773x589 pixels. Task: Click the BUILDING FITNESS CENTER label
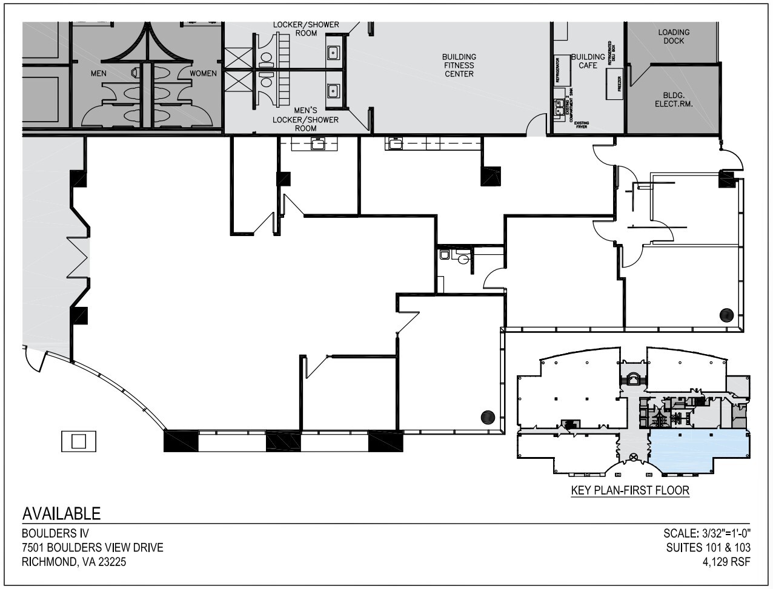pos(459,65)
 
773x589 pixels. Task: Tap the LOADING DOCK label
pos(673,36)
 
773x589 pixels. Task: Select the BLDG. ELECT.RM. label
pos(673,99)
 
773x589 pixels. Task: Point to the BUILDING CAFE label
pos(588,61)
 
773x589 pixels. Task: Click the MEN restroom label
pos(99,73)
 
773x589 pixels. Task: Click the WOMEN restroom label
pos(203,73)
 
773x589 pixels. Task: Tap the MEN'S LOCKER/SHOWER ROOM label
pos(305,119)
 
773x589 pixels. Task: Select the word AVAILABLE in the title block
pos(61,514)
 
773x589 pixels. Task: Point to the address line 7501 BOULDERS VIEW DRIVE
pos(92,548)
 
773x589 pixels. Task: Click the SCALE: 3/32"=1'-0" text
pos(707,534)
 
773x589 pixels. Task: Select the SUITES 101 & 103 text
pos(708,548)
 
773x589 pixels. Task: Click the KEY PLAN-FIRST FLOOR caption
pos(630,490)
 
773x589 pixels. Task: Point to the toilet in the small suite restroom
pos(464,259)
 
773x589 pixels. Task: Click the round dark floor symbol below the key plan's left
pos(488,417)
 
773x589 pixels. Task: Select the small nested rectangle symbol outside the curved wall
pos(78,441)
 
